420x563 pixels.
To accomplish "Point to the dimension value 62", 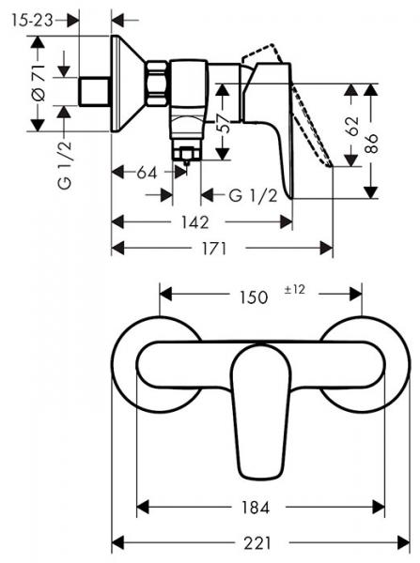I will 352,127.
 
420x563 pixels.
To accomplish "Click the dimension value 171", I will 224,248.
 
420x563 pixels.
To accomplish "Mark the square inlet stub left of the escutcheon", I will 93,91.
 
